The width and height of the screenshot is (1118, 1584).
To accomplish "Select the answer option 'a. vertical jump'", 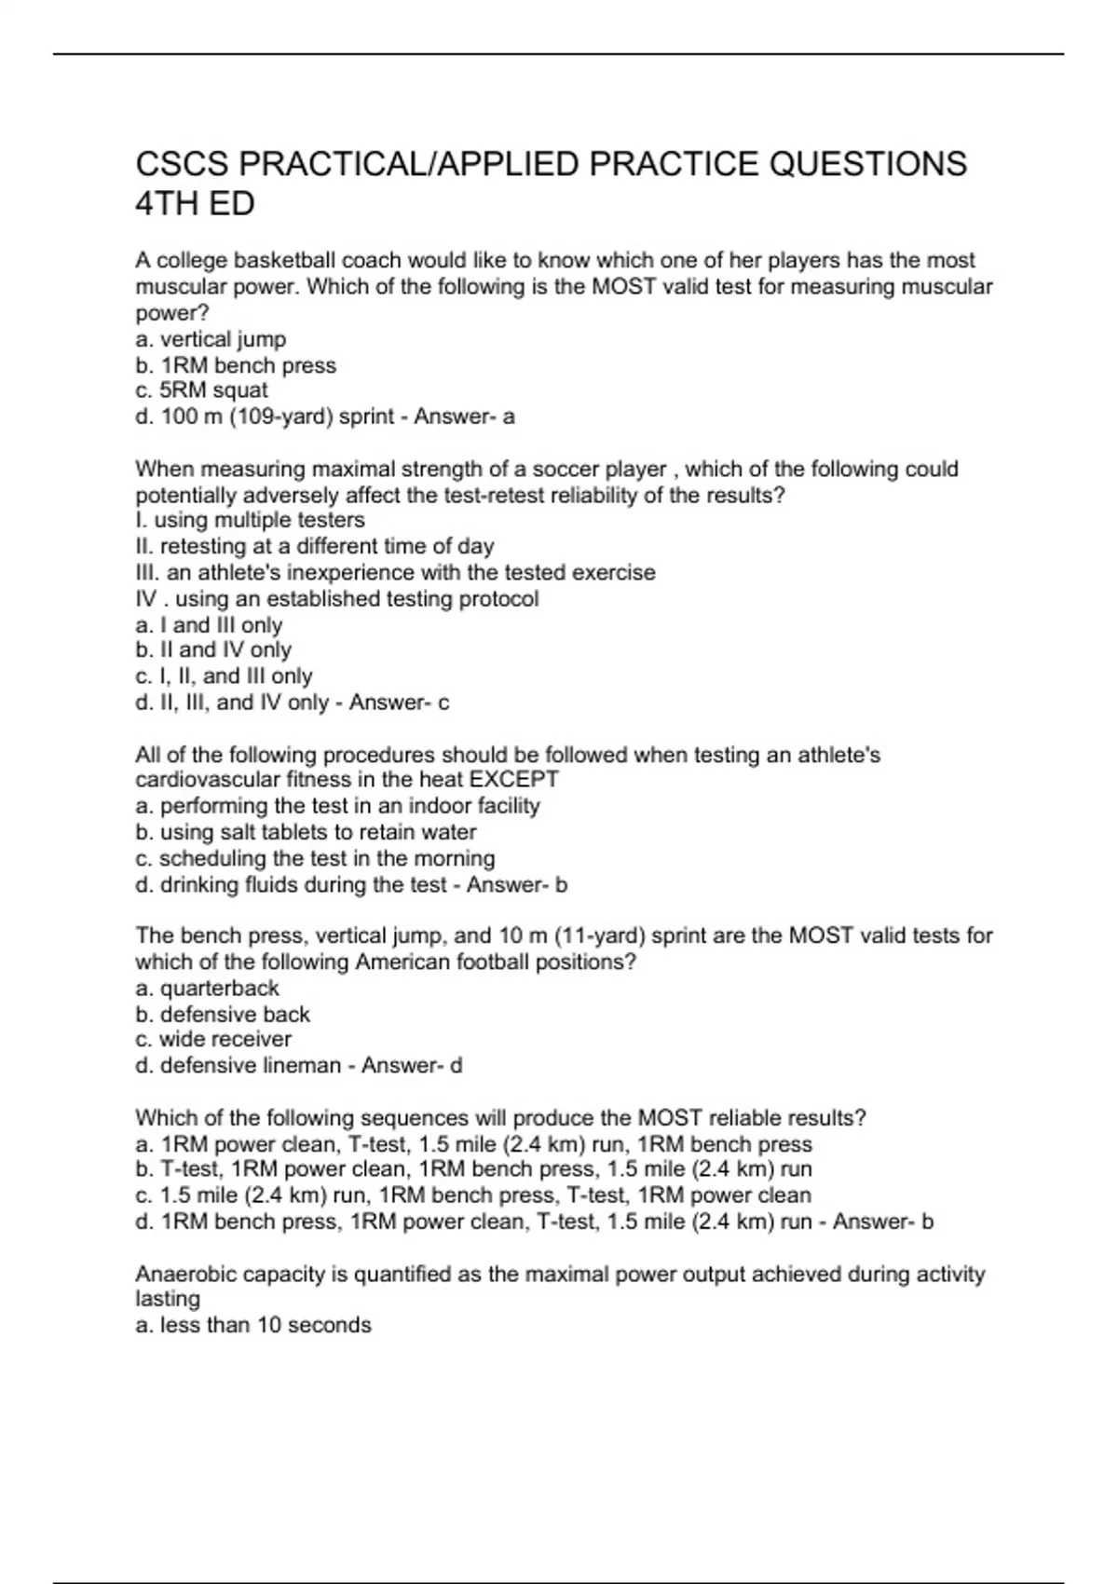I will pyautogui.click(x=211, y=339).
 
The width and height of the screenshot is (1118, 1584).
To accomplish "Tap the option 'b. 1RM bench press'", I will pyautogui.click(x=236, y=365).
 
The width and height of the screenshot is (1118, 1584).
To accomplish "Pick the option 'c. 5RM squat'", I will pyautogui.click(x=201, y=390).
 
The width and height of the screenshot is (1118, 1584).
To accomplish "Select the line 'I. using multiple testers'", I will pyautogui.click(x=250, y=520).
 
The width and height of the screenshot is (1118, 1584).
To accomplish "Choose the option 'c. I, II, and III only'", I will pyautogui.click(x=224, y=676).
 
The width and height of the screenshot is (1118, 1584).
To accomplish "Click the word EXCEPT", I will pyautogui.click(x=514, y=779).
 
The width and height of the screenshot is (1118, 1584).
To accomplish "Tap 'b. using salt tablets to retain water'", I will pyautogui.click(x=306, y=832).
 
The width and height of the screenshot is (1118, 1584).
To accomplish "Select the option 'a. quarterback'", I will pyautogui.click(x=207, y=988).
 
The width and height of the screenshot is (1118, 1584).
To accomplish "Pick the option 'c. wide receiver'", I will pyautogui.click(x=213, y=1040).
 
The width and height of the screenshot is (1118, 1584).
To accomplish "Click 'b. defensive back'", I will pyautogui.click(x=223, y=1014).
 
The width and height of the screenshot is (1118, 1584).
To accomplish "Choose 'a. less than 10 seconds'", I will pyautogui.click(x=253, y=1325).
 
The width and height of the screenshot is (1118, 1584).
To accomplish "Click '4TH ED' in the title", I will pyautogui.click(x=195, y=204).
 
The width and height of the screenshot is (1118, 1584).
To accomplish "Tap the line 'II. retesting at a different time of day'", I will pyautogui.click(x=315, y=546).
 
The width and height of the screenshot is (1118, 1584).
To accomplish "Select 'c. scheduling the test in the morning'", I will pyautogui.click(x=315, y=858).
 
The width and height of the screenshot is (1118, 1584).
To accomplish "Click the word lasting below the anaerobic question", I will pyautogui.click(x=168, y=1299).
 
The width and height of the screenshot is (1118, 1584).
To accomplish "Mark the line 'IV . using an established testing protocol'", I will pyautogui.click(x=337, y=598).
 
